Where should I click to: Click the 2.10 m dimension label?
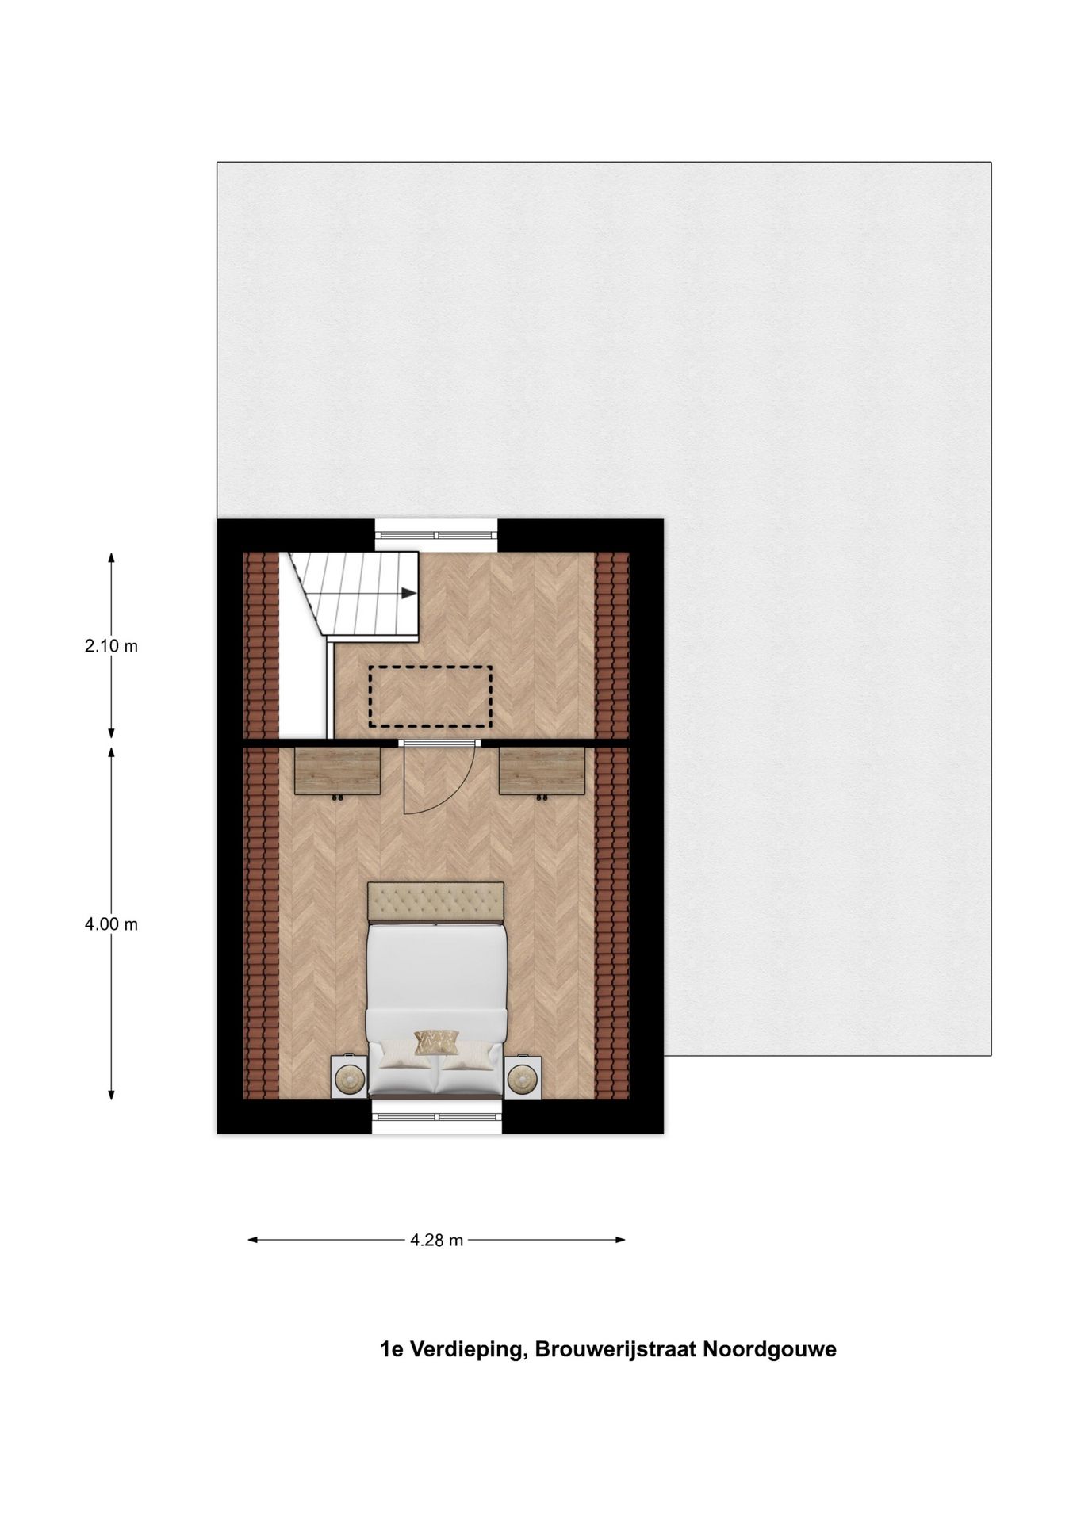[x=111, y=646]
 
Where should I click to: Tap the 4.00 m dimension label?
[x=111, y=924]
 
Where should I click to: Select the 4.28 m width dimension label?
[x=436, y=1240]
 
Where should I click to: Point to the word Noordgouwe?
[x=769, y=1350]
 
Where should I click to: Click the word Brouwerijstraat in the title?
[x=616, y=1350]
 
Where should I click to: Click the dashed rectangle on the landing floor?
[x=431, y=697]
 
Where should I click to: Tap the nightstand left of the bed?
[x=350, y=1077]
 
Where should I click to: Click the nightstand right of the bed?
[x=523, y=1077]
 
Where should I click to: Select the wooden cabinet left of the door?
[x=338, y=770]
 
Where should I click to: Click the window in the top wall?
[x=436, y=534]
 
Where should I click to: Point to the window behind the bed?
[x=437, y=1116]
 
